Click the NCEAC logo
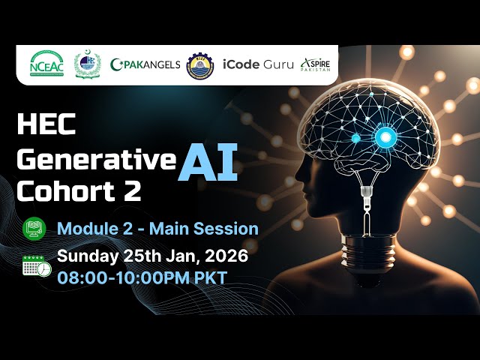46,64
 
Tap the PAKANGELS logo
145,64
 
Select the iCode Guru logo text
251,64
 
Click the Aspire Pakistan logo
315,64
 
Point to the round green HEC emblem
85,64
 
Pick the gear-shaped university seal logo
199,64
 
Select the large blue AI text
208,160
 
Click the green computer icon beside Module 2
34,229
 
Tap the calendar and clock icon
37,266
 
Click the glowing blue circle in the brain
386,136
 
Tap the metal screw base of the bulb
367,259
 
